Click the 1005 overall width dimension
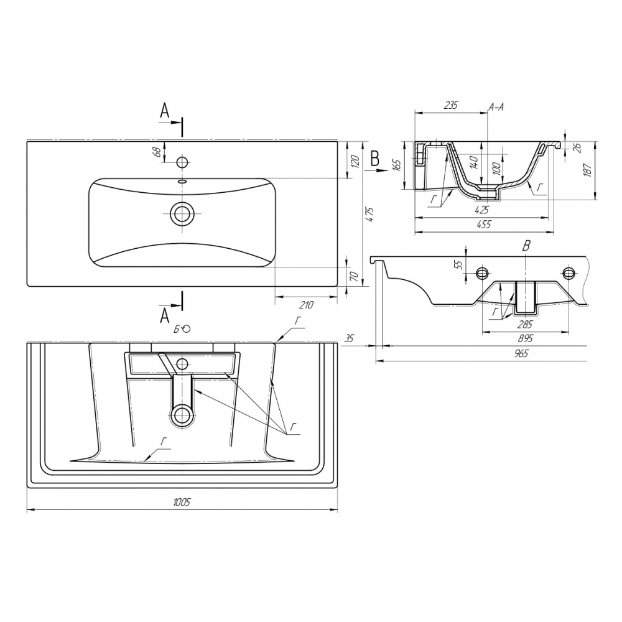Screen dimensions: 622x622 pos(182,502)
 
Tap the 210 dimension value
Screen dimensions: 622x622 pos(306,305)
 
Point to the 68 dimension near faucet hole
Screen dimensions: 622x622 pos(157,152)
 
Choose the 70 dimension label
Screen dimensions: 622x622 pos(355,276)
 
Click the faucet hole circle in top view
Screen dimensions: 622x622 pos(182,162)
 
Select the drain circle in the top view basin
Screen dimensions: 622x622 pos(182,213)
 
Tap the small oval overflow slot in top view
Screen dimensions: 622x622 pos(182,181)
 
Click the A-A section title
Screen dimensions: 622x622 pos(496,106)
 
